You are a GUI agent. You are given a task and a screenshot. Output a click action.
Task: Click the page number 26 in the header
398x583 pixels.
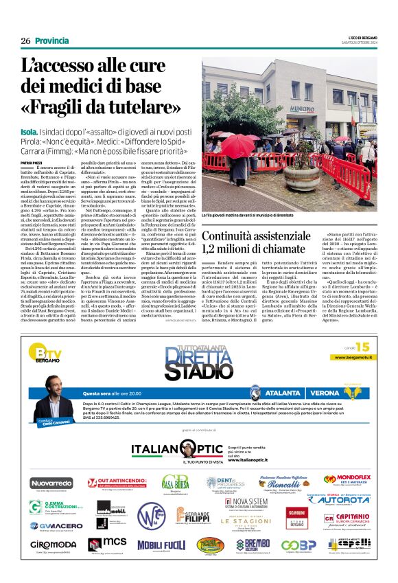point(25,41)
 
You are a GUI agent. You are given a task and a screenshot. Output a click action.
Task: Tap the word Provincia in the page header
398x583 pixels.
point(51,41)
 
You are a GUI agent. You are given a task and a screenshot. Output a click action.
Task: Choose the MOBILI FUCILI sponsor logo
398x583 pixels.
point(161,545)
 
